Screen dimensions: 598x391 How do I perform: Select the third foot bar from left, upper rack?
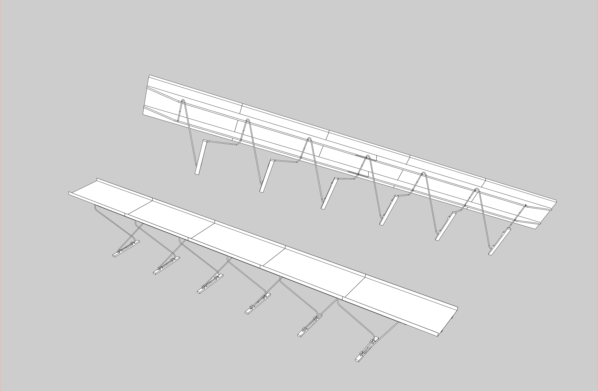point(329,194)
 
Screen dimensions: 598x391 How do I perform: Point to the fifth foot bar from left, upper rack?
point(446,226)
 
